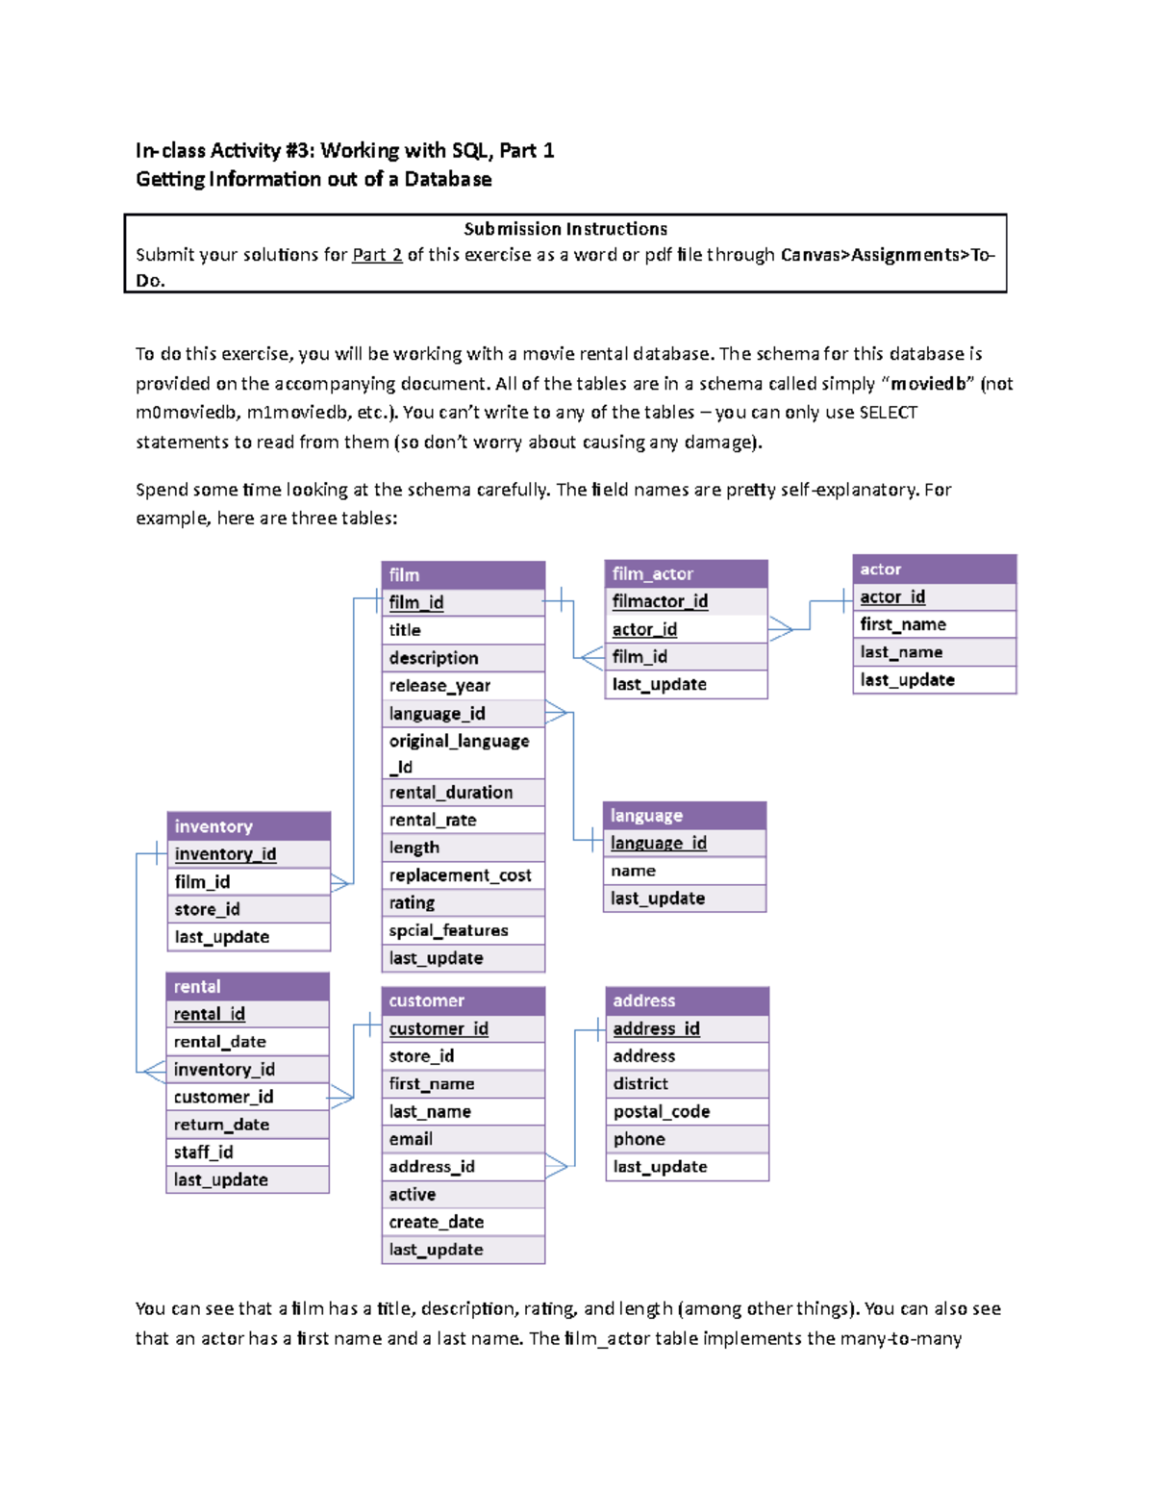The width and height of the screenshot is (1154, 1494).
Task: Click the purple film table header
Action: tap(463, 574)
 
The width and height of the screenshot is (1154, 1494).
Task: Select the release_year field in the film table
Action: tap(439, 685)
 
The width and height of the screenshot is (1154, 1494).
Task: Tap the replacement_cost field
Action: tap(460, 875)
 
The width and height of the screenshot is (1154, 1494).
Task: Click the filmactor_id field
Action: tap(660, 601)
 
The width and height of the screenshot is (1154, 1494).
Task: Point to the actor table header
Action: tap(933, 569)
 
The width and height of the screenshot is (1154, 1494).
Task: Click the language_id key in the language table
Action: tap(659, 843)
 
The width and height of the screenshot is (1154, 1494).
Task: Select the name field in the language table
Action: tap(633, 871)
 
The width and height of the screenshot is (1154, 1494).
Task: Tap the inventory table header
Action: tap(248, 826)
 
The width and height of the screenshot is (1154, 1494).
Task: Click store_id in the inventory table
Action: tap(207, 909)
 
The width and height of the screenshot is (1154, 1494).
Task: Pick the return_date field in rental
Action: tap(221, 1125)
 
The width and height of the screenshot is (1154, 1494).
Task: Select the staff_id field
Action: tap(203, 1152)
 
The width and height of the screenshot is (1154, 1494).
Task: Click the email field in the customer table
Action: tap(411, 1139)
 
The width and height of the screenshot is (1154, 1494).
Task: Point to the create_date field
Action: tap(436, 1222)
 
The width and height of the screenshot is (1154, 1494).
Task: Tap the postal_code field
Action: tap(662, 1111)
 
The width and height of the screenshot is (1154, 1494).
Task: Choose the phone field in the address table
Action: tap(639, 1139)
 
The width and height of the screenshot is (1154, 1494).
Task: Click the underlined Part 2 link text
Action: tap(377, 255)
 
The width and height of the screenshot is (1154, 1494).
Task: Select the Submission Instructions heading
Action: tap(565, 229)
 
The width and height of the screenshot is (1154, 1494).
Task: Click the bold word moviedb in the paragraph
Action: tap(928, 384)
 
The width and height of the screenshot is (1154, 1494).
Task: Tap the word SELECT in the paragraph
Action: tap(888, 413)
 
